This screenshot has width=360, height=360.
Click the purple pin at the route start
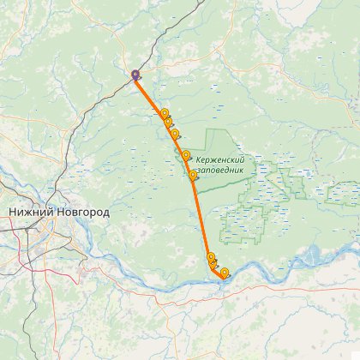pyautogui.click(x=135, y=75)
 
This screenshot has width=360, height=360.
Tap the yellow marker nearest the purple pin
pyautogui.click(x=165, y=113)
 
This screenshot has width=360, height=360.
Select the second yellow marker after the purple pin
pyautogui.click(x=169, y=123)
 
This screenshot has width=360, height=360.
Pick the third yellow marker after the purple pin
pyautogui.click(x=176, y=134)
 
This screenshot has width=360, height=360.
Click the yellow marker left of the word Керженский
pyautogui.click(x=186, y=155)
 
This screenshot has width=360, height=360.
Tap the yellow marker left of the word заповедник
pyautogui.click(x=193, y=175)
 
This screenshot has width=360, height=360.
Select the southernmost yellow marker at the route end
pyautogui.click(x=225, y=273)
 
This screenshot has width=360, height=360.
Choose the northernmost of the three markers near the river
pyautogui.click(x=211, y=256)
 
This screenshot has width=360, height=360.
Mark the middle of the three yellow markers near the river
pyautogui.click(x=214, y=265)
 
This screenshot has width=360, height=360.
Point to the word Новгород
pyautogui.click(x=83, y=212)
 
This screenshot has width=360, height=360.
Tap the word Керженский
pyautogui.click(x=220, y=159)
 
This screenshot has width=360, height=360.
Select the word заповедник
pyautogui.click(x=221, y=170)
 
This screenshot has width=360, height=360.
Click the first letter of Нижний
pyautogui.click(x=13, y=212)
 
